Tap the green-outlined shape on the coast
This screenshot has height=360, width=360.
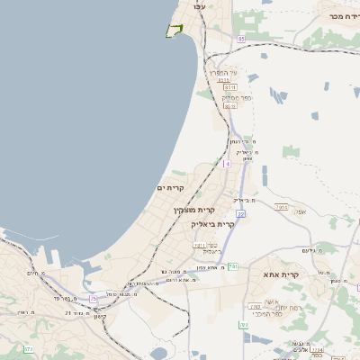tap(174, 31)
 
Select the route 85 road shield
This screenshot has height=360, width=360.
tap(241, 40)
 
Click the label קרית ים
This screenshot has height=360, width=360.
tap(170, 187)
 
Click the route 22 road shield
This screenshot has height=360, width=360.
tap(240, 213)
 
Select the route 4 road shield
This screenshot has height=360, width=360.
tap(227, 164)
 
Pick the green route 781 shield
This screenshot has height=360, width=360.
tap(233, 266)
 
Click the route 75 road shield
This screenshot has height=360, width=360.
tap(93, 299)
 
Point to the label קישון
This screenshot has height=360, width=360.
tap(100, 316)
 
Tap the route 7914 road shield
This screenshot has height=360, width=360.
tap(282, 206)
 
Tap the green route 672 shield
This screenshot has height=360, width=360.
tap(29, 348)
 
